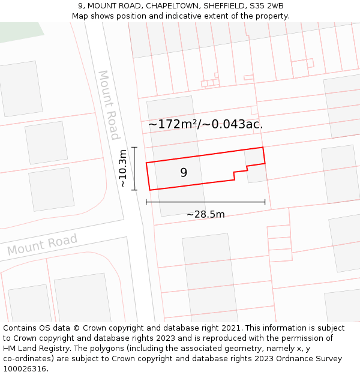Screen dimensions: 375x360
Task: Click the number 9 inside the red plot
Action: point(184,173)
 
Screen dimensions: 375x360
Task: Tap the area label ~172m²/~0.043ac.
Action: point(206,124)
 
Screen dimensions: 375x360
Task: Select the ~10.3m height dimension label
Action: point(123,169)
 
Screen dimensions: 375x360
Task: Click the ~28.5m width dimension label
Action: point(205,214)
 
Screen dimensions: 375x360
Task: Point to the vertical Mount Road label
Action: point(109,105)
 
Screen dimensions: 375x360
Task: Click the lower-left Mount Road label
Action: point(42,245)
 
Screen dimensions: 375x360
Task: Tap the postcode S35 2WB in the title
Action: point(268,6)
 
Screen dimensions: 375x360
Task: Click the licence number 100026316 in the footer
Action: point(25,368)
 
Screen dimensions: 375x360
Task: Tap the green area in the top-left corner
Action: point(18,31)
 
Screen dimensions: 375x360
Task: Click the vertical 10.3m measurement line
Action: point(134,169)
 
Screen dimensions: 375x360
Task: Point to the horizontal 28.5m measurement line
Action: point(205,202)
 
